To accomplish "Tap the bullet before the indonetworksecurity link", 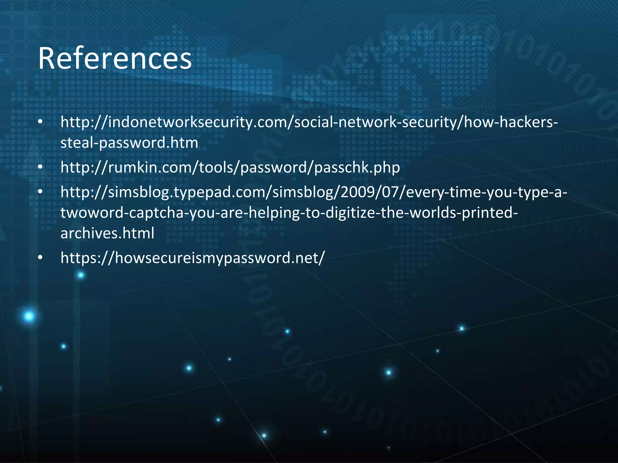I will tap(40, 122).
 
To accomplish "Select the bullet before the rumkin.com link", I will tap(40, 167).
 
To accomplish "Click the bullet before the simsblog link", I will tap(40, 192).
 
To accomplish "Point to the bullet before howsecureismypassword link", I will tap(40, 258).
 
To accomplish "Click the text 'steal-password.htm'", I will tap(129, 143).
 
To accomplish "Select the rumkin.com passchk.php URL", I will tap(230, 167).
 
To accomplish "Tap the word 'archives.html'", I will tap(107, 233).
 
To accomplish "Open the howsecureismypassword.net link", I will tap(193, 258).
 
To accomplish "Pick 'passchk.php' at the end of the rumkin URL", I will tap(357, 167).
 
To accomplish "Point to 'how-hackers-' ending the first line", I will tap(511, 122).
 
